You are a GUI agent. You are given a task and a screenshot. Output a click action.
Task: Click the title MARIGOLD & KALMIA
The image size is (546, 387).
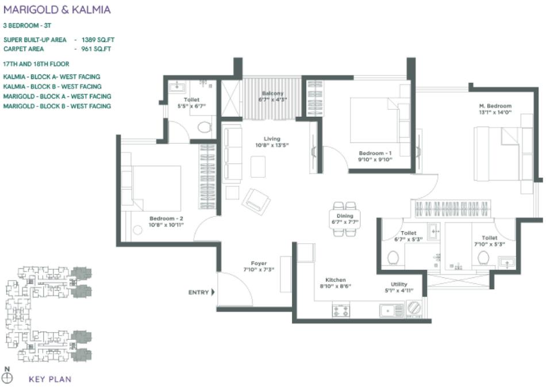click(57, 10)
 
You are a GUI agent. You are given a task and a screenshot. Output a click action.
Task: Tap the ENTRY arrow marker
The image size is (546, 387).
click(213, 292)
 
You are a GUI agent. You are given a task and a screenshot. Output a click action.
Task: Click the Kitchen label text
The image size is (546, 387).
click(335, 280)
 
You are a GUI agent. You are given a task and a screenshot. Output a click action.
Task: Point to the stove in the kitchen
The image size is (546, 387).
click(341, 311)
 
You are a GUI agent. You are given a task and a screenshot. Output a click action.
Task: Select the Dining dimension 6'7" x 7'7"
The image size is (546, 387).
click(345, 222)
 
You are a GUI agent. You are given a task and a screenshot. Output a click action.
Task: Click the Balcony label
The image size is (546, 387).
click(273, 93)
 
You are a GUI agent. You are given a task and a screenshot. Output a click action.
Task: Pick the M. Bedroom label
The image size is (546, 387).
click(495, 106)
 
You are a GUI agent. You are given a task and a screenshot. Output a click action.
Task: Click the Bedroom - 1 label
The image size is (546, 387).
click(375, 153)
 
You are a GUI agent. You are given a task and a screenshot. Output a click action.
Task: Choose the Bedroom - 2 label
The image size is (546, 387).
click(166, 219)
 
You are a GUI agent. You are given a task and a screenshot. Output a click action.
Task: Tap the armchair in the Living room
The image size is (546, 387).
click(256, 201)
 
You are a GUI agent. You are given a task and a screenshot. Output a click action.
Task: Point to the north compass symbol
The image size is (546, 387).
click(7, 378)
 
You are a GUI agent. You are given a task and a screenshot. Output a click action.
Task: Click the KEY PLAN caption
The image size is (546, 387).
click(50, 379)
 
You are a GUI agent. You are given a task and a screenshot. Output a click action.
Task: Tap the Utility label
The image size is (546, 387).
click(399, 284)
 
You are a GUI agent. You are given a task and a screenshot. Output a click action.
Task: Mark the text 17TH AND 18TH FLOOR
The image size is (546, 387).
click(36, 65)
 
